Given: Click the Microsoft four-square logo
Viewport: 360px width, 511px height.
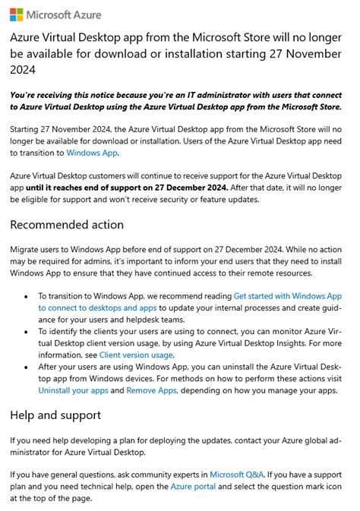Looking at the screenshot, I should tap(16, 14).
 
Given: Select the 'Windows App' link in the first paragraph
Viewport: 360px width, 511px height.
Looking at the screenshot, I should tap(92, 153).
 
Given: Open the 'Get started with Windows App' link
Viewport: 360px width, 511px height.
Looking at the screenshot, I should tap(288, 296).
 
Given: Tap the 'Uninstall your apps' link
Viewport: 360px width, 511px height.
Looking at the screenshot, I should tap(72, 390).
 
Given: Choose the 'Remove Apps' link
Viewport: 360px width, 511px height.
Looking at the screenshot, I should tap(151, 390).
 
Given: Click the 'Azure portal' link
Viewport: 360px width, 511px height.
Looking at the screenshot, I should tap(193, 487).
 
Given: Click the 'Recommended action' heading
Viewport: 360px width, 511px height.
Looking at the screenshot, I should tap(67, 225).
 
